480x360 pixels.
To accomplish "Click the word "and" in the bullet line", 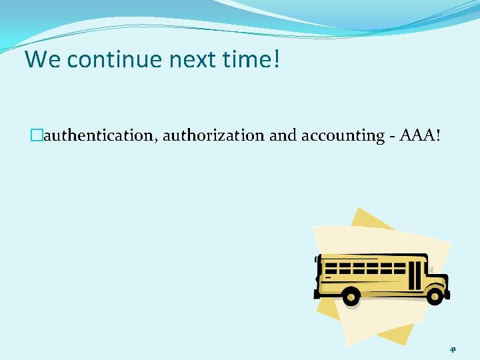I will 284,136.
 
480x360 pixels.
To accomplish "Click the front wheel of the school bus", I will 435,295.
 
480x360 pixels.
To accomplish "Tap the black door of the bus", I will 415,274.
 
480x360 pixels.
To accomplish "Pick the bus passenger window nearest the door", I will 399,268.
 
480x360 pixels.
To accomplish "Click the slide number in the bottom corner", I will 453,347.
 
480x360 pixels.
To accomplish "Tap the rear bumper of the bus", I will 318,291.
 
